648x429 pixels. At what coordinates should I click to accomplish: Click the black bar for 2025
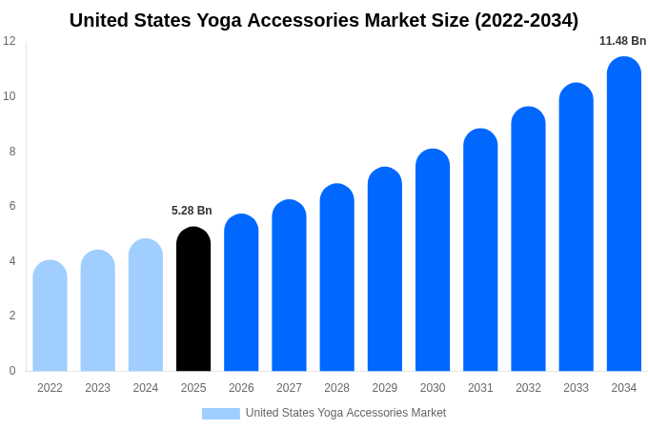[x=193, y=299]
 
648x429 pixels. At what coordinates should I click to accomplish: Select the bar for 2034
[x=623, y=214]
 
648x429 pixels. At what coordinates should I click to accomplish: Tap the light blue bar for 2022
[x=50, y=316]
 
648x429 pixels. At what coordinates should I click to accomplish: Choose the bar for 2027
[x=289, y=286]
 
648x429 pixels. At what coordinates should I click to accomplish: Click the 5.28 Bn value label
[x=192, y=211]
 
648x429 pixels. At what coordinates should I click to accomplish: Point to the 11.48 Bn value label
[x=622, y=41]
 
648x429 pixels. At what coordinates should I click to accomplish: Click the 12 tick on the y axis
[x=10, y=41]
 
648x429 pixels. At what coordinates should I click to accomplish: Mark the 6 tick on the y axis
[x=11, y=206]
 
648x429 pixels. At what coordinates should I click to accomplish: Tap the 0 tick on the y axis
[x=11, y=371]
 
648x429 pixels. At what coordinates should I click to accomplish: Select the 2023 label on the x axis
[x=97, y=388]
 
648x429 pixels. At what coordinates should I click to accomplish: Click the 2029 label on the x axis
[x=384, y=388]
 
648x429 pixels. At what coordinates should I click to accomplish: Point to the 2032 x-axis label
[x=528, y=388]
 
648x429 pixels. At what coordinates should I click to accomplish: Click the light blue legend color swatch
[x=220, y=414]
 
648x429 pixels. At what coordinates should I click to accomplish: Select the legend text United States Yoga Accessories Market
[x=346, y=413]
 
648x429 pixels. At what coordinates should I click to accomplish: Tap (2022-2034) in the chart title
[x=526, y=20]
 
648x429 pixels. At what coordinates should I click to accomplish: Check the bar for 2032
[x=528, y=239]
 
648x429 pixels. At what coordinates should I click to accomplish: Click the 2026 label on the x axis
[x=241, y=388]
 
